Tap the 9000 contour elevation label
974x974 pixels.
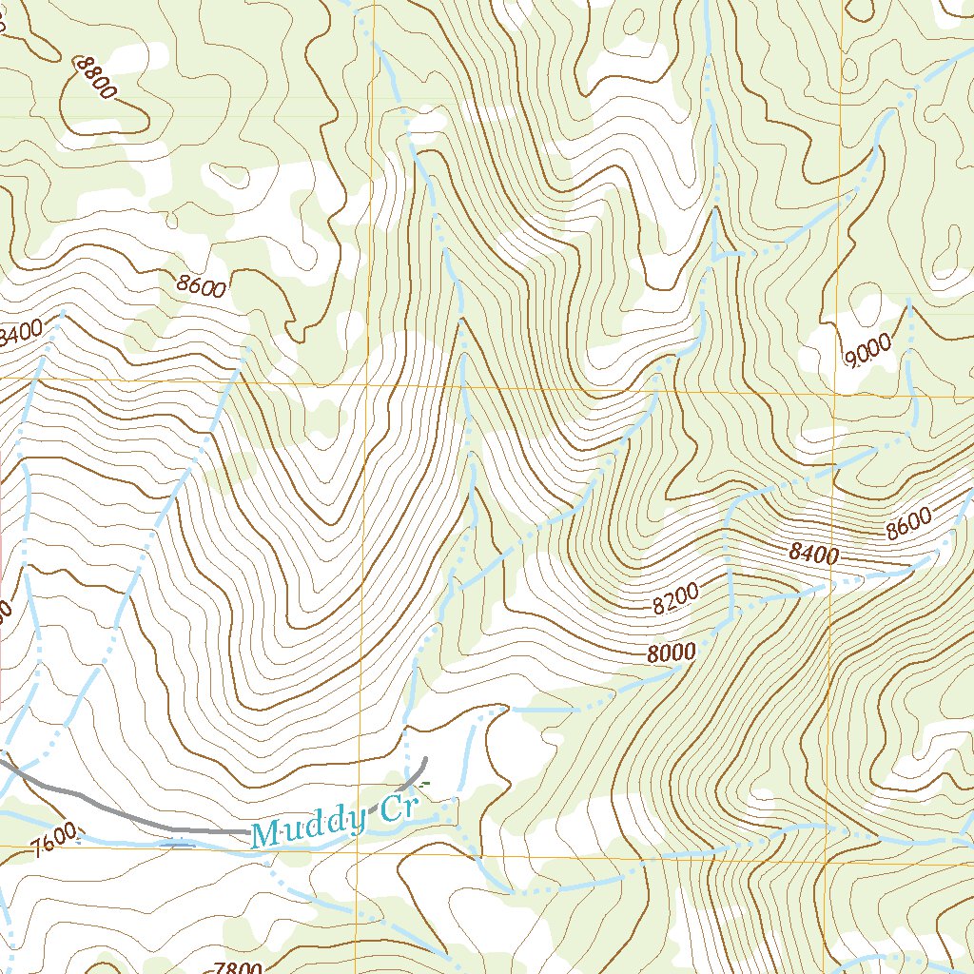[x=867, y=350]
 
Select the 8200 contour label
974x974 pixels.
[x=675, y=596]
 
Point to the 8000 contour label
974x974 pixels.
[x=672, y=653]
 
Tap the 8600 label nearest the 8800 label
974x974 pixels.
[x=201, y=284]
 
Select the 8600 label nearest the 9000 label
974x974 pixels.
[x=907, y=524]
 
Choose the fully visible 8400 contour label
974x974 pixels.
[x=813, y=553]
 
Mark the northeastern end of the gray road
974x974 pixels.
[x=425, y=759]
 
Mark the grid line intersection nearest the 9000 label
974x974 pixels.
[x=837, y=392]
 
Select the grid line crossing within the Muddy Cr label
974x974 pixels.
[x=359, y=822]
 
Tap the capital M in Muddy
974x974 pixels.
[x=266, y=835]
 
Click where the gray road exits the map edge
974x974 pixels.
[x=2, y=757]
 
